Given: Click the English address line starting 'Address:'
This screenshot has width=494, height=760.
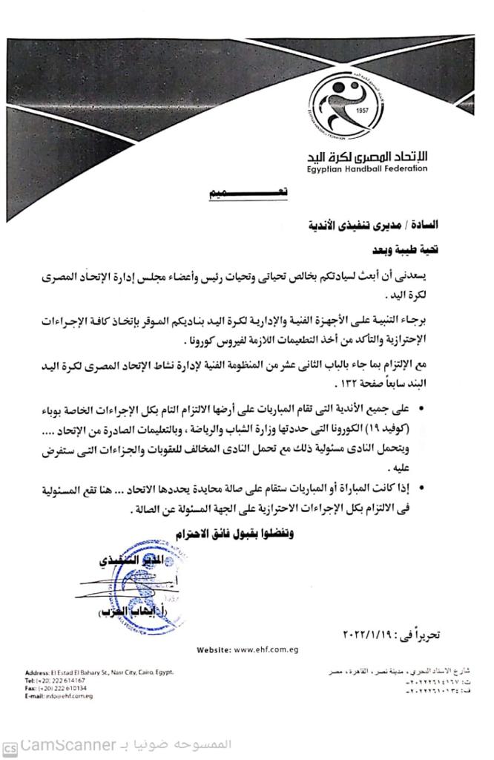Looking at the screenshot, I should click(x=99, y=672).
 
